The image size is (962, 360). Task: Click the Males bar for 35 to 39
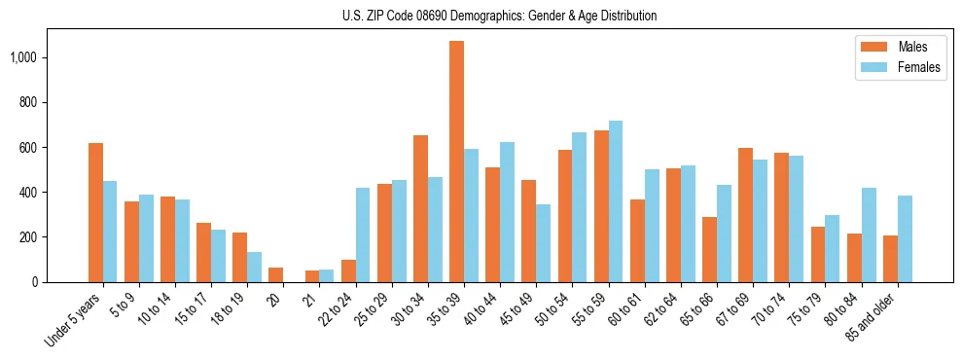click(456, 162)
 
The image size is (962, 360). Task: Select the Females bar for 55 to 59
click(616, 201)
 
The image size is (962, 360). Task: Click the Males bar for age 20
click(275, 274)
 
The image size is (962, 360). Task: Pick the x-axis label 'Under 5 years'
click(73, 318)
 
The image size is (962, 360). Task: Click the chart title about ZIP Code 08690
click(499, 16)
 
